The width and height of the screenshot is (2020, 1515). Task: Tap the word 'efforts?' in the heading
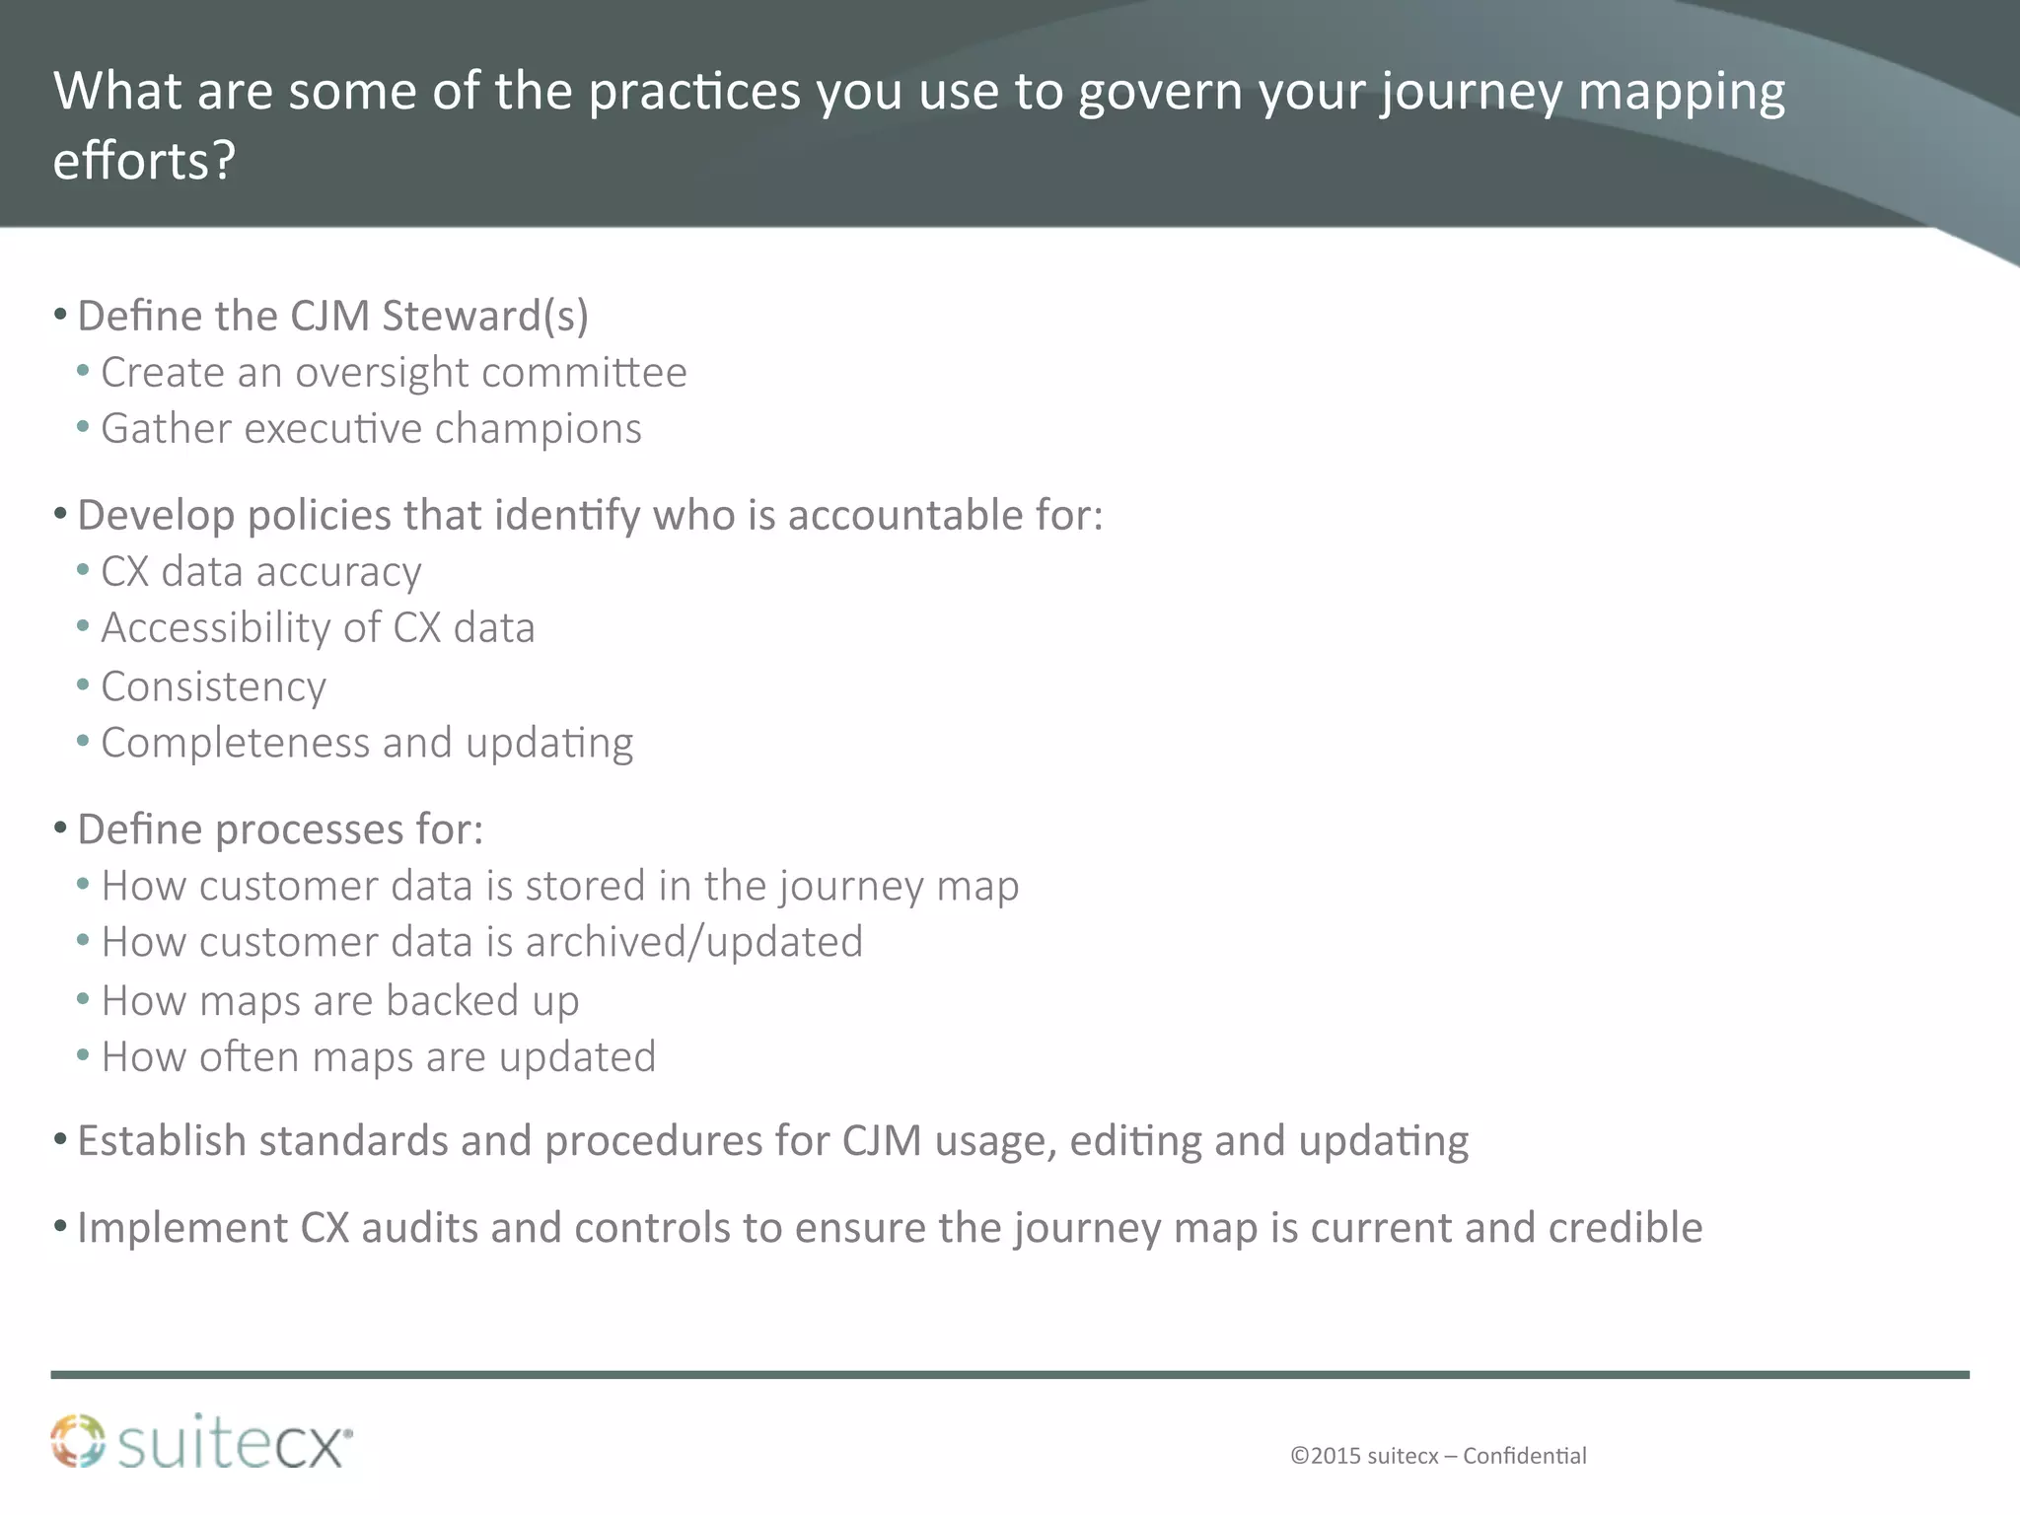pyautogui.click(x=144, y=161)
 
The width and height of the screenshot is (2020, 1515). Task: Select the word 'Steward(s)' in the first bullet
pyautogui.click(x=484, y=317)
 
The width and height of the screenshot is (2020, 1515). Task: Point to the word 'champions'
pyautogui.click(x=538, y=429)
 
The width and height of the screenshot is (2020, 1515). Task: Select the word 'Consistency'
pyautogui.click(x=213, y=687)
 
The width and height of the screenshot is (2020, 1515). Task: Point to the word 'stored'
pyautogui.click(x=585, y=886)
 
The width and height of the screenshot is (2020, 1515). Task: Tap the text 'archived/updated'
pyautogui.click(x=693, y=943)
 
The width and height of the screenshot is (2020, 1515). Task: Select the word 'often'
pyautogui.click(x=250, y=1057)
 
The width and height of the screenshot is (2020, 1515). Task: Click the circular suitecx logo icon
pyautogui.click(x=78, y=1442)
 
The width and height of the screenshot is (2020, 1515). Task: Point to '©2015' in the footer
pyautogui.click(x=1325, y=1456)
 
